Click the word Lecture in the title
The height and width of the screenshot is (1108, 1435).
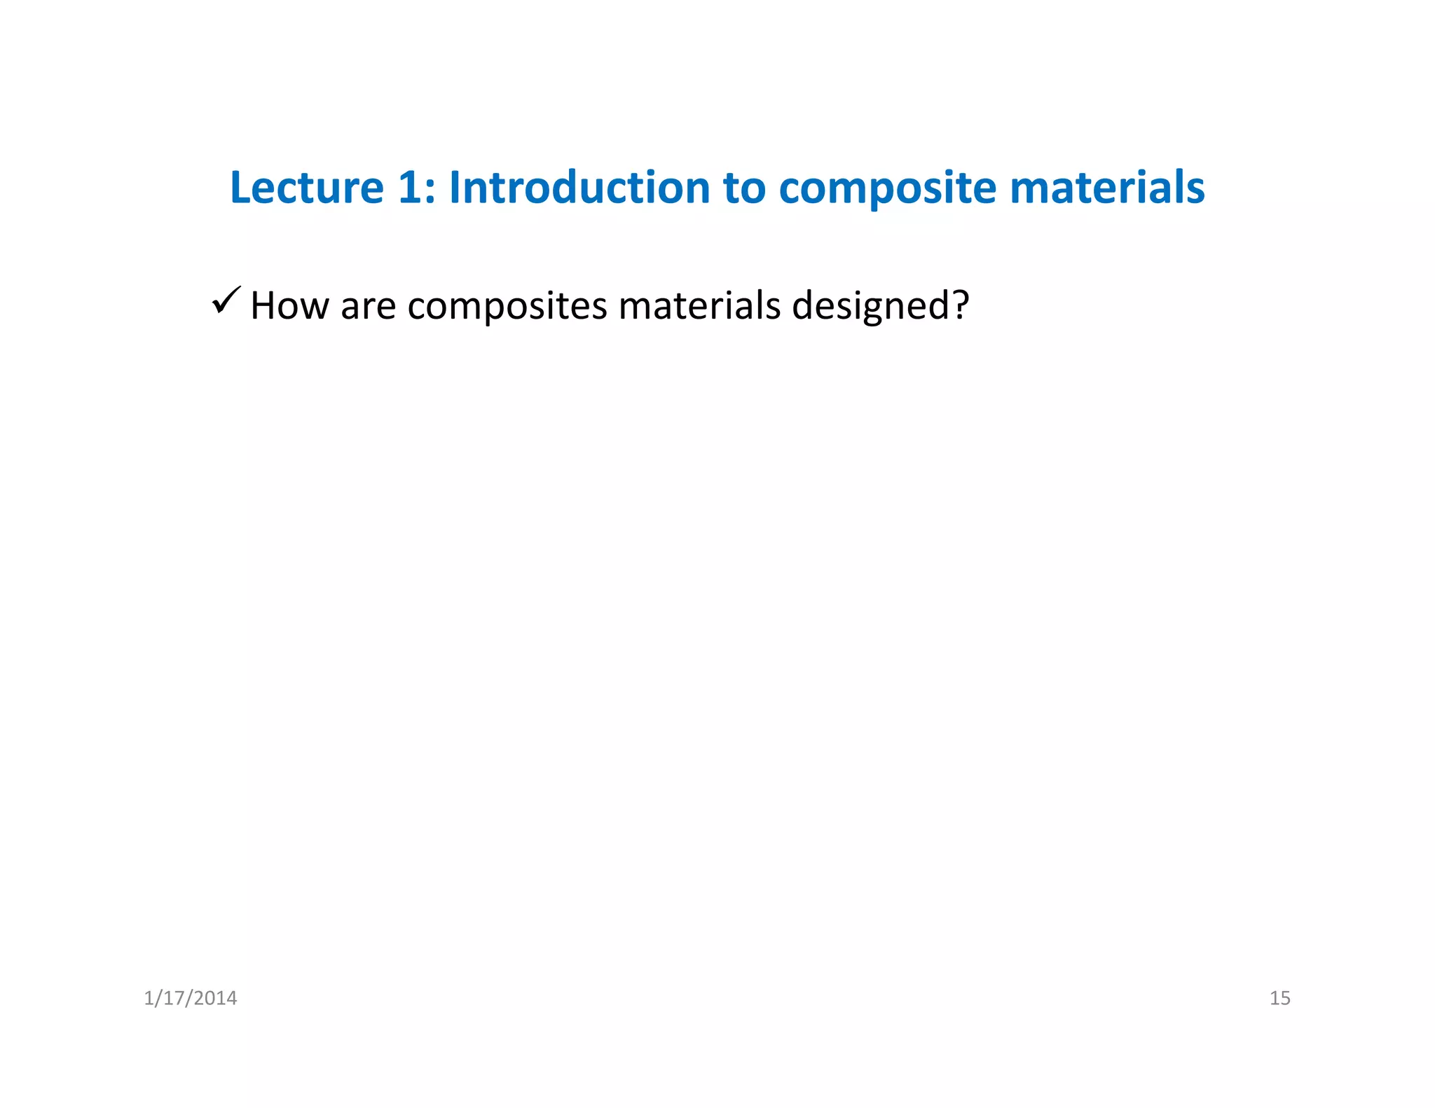pyautogui.click(x=307, y=188)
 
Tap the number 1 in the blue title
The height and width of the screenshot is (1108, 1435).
pyautogui.click(x=409, y=188)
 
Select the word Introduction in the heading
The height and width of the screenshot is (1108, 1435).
pyautogui.click(x=579, y=188)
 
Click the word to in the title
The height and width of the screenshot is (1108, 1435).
pyautogui.click(x=744, y=189)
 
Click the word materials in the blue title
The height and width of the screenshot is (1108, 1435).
pyautogui.click(x=1106, y=188)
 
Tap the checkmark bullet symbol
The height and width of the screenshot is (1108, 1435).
pyautogui.click(x=226, y=301)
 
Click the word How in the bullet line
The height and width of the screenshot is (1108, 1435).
pyautogui.click(x=289, y=306)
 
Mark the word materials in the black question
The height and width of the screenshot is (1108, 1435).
pyautogui.click(x=699, y=306)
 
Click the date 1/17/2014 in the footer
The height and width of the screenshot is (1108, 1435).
pyautogui.click(x=190, y=998)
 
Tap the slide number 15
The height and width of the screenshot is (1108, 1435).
pyautogui.click(x=1279, y=998)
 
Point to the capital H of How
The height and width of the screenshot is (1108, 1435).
pyautogui.click(x=264, y=306)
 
